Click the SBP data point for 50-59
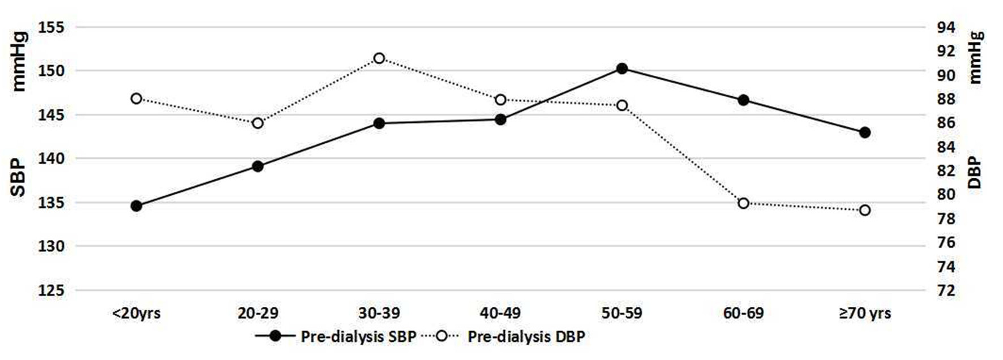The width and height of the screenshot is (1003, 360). [621, 68]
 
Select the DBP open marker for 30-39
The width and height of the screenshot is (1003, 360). [379, 58]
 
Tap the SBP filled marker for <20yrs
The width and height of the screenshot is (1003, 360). [136, 206]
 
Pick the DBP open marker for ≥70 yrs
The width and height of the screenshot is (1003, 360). [864, 210]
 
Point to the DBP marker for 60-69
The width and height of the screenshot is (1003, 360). [743, 203]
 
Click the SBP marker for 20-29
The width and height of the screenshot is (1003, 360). [258, 166]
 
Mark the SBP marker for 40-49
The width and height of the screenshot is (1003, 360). [500, 119]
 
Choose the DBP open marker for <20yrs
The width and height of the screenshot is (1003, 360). [136, 98]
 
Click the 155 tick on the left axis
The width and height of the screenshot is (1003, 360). [52, 27]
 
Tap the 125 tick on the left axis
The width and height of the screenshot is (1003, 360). [52, 290]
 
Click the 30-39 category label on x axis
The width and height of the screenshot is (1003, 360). [379, 313]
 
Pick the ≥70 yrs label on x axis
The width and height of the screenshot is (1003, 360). [864, 313]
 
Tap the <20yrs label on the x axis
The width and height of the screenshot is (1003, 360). [136, 313]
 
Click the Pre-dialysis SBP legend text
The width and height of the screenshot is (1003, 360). [358, 337]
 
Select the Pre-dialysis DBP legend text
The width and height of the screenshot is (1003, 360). [526, 337]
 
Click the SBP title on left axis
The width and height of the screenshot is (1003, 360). [19, 178]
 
